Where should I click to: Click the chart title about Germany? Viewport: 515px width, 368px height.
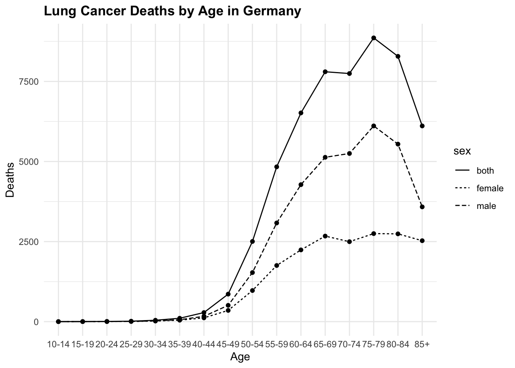click(x=172, y=11)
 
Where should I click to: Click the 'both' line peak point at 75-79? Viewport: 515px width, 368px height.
click(x=374, y=38)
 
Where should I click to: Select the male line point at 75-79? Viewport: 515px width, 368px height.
click(x=374, y=126)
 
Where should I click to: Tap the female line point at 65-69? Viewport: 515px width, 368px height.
click(x=325, y=236)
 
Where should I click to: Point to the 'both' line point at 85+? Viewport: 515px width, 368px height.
click(x=422, y=126)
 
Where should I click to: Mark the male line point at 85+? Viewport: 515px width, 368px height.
click(x=422, y=207)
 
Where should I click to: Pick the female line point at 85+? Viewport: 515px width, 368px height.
click(x=422, y=241)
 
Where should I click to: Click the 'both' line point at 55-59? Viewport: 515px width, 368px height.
click(x=277, y=167)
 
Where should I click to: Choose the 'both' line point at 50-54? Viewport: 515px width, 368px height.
click(x=253, y=242)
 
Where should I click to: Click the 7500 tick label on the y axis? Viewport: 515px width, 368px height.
click(x=30, y=82)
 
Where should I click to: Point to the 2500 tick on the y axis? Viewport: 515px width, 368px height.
click(x=30, y=242)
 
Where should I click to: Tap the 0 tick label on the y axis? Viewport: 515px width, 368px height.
click(x=36, y=322)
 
